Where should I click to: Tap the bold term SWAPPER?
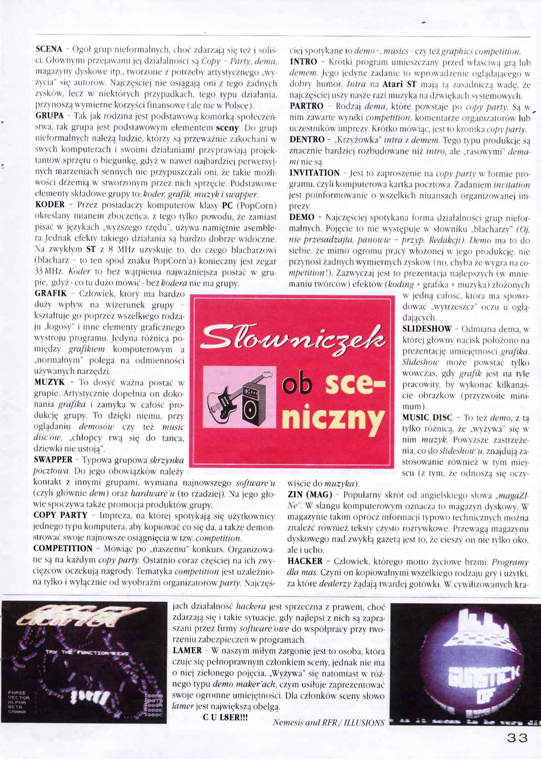53,460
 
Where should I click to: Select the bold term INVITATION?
314,173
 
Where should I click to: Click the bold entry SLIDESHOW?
427,328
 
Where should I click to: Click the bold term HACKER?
305,561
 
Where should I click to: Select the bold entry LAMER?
186,650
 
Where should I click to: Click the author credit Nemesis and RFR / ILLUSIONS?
328,723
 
